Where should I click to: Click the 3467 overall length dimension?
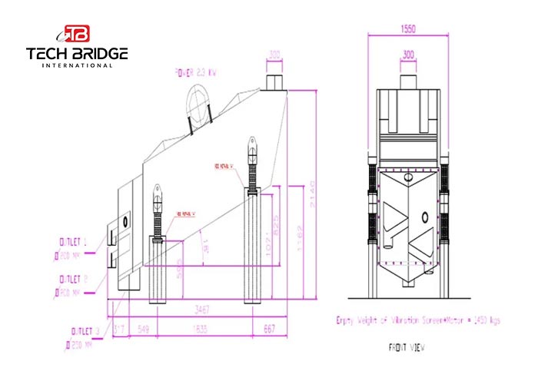click(203, 308)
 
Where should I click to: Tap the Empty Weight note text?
click(418, 319)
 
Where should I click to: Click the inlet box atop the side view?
click(275, 81)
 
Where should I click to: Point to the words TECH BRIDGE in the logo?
click(77, 53)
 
